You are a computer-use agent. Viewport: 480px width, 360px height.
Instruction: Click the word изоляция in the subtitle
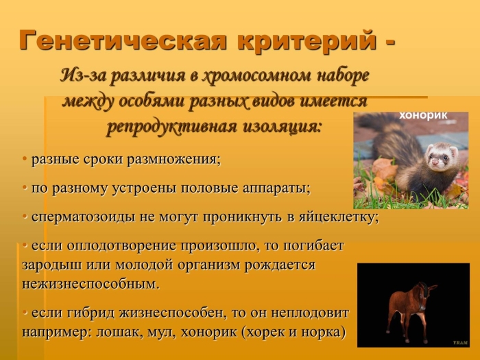point(281,126)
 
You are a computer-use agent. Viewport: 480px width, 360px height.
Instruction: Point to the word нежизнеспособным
point(90,283)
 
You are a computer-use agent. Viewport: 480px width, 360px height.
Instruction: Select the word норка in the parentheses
point(320,333)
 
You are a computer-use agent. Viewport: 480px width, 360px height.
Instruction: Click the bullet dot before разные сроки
point(25,159)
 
